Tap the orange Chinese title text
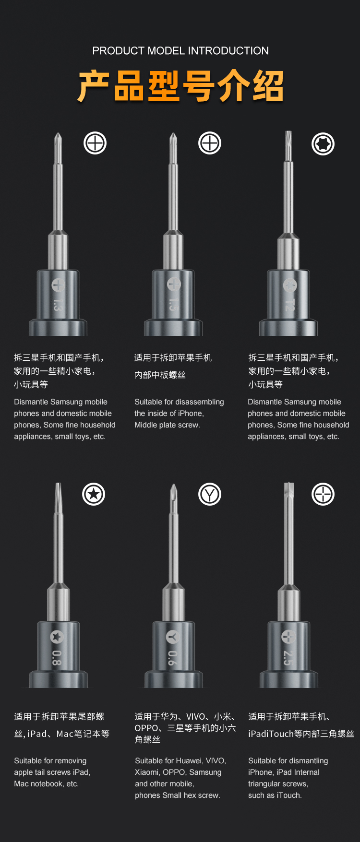180,86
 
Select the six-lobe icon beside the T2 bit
323,143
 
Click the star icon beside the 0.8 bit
94,494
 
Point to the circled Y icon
210,494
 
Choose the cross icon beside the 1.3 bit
95,143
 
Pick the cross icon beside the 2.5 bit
323,494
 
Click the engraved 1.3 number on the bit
58,305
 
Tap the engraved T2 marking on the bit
289,305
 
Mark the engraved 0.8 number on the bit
57,658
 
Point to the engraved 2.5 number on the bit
288,658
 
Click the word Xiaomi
147,772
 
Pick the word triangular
264,784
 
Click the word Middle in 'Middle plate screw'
145,425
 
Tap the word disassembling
201,402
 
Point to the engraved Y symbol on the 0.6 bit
173,637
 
